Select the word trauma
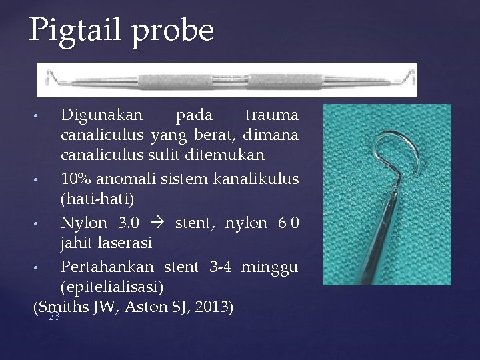271,115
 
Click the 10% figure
77,179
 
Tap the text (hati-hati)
97,199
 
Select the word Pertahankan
107,267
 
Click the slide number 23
54,317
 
